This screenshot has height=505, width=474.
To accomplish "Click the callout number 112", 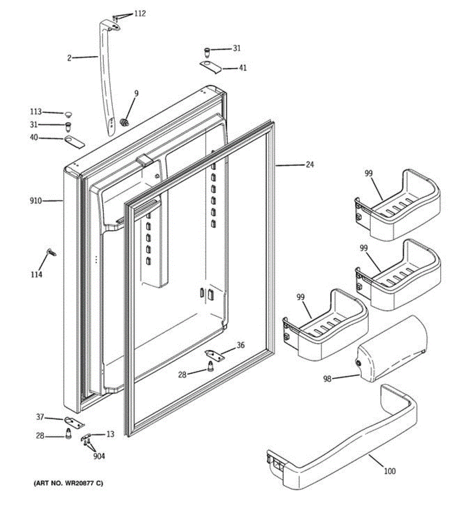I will pyautogui.click(x=140, y=14).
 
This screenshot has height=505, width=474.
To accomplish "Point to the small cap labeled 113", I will pyautogui.click(x=68, y=114).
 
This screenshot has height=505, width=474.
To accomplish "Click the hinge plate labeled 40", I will pyautogui.click(x=75, y=141).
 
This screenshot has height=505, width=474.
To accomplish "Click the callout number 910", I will pyautogui.click(x=36, y=201).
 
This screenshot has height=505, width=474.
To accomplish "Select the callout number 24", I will pyautogui.click(x=309, y=165).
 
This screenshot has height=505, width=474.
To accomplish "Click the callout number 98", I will pyautogui.click(x=327, y=379).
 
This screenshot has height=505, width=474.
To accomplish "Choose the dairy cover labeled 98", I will pyautogui.click(x=391, y=349).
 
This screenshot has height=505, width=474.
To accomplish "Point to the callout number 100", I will pyautogui.click(x=390, y=471).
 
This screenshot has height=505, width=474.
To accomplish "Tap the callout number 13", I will pyautogui.click(x=110, y=434).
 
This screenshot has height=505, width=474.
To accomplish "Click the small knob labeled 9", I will pyautogui.click(x=124, y=122).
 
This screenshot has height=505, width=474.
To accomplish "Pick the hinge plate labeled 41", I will pyautogui.click(x=210, y=66).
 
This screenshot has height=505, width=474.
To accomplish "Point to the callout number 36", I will pyautogui.click(x=240, y=346).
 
